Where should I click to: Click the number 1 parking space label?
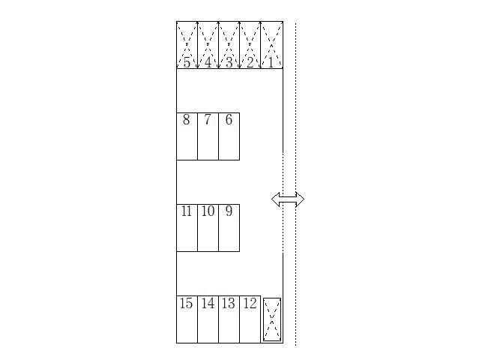271,63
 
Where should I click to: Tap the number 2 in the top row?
250,63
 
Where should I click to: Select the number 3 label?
229,63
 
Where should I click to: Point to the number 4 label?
208,63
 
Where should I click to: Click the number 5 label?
187,63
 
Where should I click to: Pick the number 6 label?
229,119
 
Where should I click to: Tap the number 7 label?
208,119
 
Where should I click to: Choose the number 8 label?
187,119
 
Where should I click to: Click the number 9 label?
229,211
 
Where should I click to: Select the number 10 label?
208,211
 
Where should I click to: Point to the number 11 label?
187,211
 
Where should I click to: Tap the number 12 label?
250,303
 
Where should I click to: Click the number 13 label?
229,303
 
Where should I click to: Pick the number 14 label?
208,303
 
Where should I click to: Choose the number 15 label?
187,303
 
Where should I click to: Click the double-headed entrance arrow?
288,199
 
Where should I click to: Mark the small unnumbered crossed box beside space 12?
272,319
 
